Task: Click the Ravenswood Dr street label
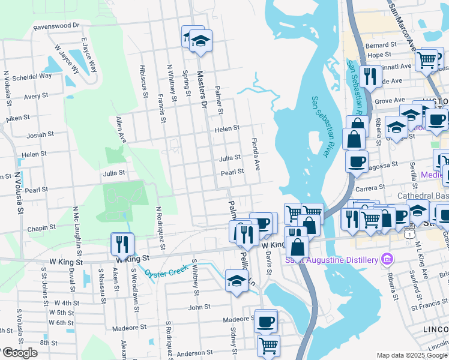(56, 26)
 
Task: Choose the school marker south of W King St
(237, 280)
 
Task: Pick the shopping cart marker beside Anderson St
(268, 345)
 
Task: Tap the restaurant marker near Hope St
(370, 76)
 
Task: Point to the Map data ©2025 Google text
(411, 355)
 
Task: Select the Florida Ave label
(256, 153)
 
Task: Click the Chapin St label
(41, 227)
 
